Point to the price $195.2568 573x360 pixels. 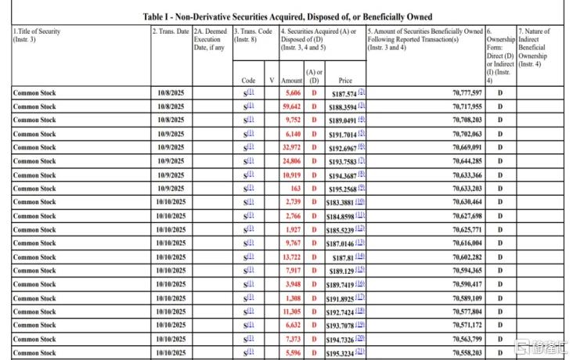[341, 189]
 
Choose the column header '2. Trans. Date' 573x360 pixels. [171, 31]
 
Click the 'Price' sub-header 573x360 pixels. [345, 80]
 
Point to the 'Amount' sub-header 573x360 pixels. [291, 80]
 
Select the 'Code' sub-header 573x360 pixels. [248, 80]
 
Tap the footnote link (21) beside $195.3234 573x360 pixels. [361, 352]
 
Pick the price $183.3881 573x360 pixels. [341, 202]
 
